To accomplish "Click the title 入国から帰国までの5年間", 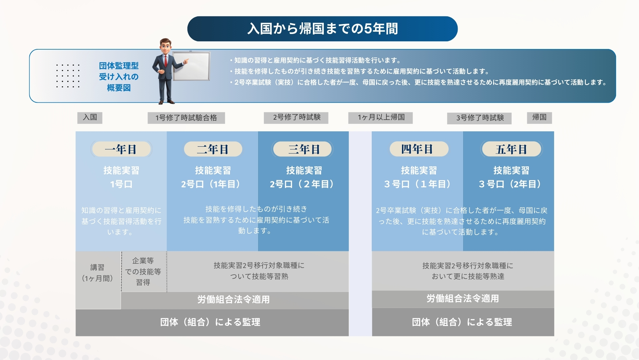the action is [322, 29].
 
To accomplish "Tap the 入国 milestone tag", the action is [90, 117].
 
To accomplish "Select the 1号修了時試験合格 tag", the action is [186, 118].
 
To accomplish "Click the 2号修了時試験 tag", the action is [296, 117].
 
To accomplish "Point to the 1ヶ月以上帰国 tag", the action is [381, 117].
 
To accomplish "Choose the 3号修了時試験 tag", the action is [479, 118].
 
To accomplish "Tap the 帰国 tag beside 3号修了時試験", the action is [539, 117].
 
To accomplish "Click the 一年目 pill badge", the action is [121, 149].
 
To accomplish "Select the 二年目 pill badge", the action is [213, 149].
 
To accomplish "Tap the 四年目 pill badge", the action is [419, 149].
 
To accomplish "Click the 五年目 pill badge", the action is [511, 149].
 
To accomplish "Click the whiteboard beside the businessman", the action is [191, 66].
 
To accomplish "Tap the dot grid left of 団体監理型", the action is [68, 76].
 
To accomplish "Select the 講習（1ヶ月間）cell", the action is [98, 280].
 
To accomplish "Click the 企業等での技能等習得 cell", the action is [143, 272].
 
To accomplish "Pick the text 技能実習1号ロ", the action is [121, 177].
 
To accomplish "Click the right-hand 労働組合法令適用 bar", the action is [463, 299].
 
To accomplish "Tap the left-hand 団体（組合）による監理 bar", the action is [212, 322].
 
